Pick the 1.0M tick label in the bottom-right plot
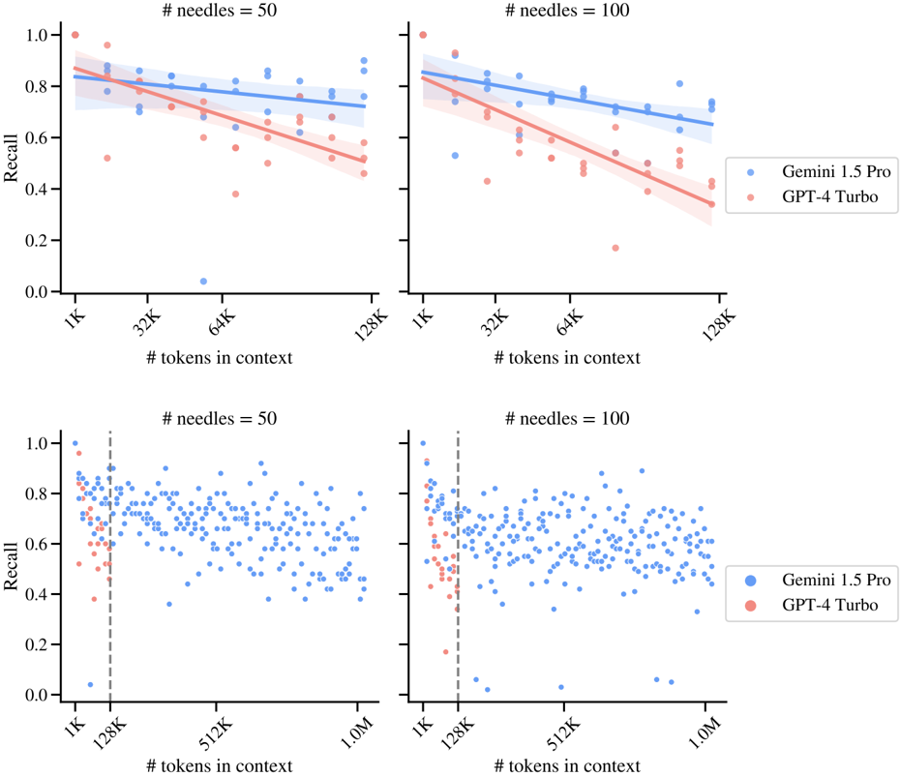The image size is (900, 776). click(x=703, y=727)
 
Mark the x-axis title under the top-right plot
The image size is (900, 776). click(x=566, y=358)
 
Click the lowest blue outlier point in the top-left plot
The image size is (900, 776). click(x=203, y=282)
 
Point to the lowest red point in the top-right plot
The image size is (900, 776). click(x=615, y=248)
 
